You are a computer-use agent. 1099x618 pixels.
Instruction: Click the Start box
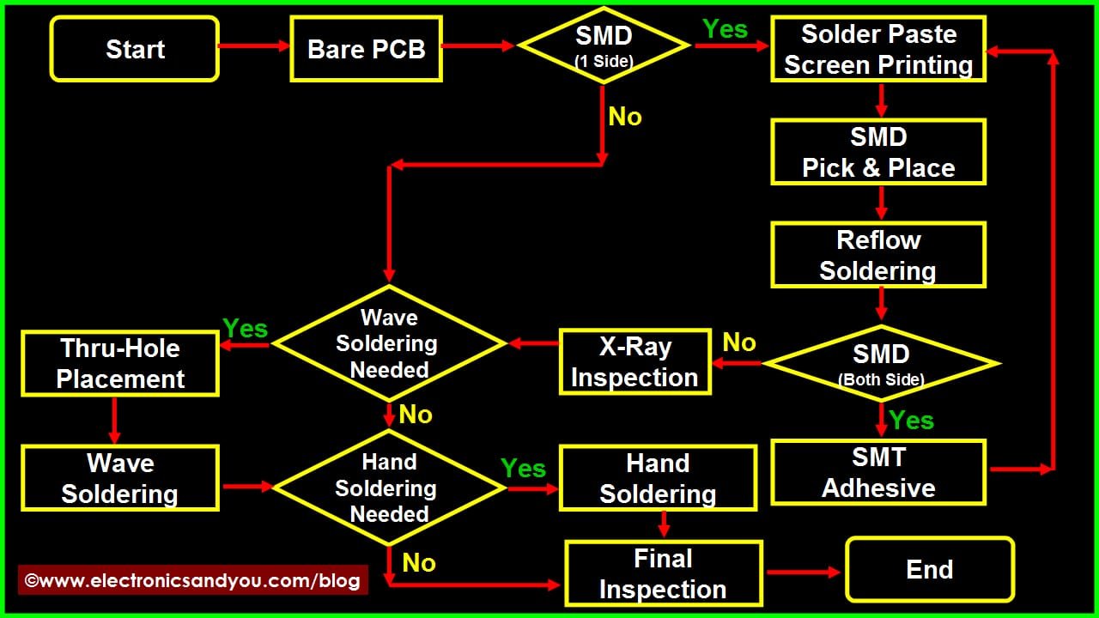pos(135,49)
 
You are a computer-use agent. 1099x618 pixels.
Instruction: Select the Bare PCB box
pos(366,49)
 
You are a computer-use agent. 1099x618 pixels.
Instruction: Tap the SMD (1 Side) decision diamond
pos(604,45)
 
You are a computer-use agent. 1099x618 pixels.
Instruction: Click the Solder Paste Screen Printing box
pos(878,49)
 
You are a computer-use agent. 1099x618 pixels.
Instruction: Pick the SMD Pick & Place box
pos(878,152)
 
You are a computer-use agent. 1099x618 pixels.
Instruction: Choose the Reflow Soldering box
pos(878,255)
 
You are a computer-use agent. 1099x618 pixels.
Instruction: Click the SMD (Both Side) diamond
pos(881,363)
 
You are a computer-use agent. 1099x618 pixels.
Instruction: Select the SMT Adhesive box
pos(878,472)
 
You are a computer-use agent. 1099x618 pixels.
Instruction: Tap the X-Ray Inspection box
pos(635,361)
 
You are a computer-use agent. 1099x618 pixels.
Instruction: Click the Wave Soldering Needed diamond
pos(389,342)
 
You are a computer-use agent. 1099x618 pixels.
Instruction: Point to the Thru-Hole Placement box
pos(120,363)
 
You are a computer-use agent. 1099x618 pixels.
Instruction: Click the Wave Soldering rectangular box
pos(120,478)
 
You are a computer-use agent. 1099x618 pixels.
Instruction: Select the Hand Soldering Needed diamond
pos(389,488)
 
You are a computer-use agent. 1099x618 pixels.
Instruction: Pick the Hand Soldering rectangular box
pos(658,478)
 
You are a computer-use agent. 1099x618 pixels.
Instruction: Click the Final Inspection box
pos(664,573)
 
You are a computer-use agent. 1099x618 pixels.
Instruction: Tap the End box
pos(930,569)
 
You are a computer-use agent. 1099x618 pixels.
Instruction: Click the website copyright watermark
pos(193,580)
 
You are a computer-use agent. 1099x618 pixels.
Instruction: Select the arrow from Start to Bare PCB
pos(254,46)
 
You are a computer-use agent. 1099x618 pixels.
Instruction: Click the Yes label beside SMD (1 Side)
pos(726,29)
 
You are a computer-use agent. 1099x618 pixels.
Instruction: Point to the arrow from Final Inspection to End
pos(803,572)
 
